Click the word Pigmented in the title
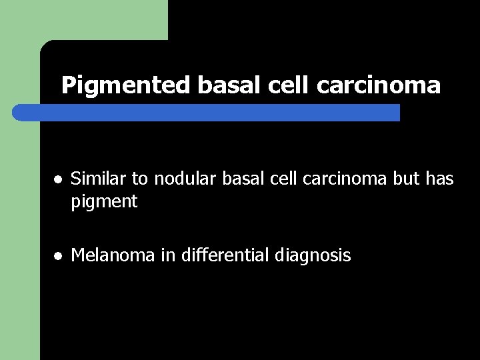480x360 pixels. (126, 85)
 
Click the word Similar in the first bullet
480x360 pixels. (93, 179)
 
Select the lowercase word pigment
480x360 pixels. (104, 201)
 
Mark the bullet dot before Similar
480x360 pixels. (59, 180)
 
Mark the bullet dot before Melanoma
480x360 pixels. (59, 256)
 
